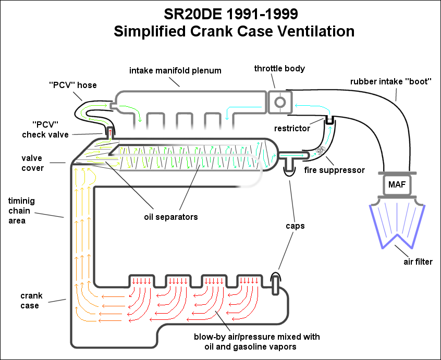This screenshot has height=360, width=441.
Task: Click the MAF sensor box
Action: (397, 184)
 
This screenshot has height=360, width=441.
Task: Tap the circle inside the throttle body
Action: (280, 102)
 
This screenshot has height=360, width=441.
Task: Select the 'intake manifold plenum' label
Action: (175, 70)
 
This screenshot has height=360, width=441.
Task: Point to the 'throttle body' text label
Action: (279, 69)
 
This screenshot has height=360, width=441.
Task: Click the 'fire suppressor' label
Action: (335, 170)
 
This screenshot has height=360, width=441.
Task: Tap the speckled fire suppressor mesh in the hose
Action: (321, 151)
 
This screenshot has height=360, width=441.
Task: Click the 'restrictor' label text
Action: (292, 129)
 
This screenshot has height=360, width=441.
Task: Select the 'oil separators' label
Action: (171, 217)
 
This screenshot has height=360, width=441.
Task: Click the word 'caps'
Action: (295, 226)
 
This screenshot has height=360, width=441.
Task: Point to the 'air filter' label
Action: (418, 262)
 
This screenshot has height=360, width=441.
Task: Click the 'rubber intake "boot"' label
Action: (390, 81)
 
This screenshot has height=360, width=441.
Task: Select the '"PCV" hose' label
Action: (73, 85)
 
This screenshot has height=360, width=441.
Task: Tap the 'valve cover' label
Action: (33, 163)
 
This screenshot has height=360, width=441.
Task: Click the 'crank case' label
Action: (31, 301)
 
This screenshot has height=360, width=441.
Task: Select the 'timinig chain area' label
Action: (21, 211)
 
